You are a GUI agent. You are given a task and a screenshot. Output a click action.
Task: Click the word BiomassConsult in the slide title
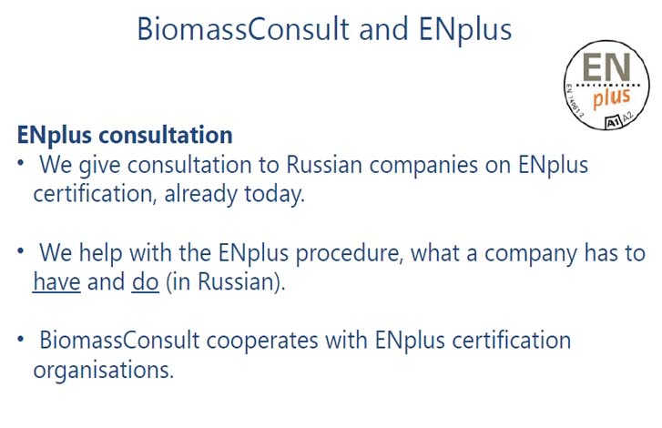pos(243,29)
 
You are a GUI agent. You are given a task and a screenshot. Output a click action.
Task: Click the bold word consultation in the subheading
pos(166,135)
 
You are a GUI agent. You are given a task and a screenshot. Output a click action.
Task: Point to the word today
pos(274,195)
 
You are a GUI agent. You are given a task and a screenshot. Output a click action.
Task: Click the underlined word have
pos(56,282)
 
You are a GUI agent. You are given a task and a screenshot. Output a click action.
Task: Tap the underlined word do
pos(145,282)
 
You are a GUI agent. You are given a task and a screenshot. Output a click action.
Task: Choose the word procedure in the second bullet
pos(350,254)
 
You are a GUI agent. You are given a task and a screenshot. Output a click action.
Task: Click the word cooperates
pos(262,341)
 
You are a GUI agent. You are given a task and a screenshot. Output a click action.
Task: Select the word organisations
pos(104,371)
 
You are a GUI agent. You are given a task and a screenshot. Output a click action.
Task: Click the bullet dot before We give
pos(20,162)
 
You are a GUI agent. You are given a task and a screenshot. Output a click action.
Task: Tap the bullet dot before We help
pos(20,250)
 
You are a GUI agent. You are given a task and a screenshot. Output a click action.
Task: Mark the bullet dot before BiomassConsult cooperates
pos(20,339)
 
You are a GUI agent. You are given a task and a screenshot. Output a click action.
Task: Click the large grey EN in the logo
pos(606,67)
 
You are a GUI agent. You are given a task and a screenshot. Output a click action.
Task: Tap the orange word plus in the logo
pos(612,98)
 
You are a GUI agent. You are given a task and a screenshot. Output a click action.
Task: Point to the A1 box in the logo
pos(612,122)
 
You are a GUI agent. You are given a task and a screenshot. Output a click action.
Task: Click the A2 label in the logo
pos(627,116)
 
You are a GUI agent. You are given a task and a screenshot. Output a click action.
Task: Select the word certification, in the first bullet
pos(93,195)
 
